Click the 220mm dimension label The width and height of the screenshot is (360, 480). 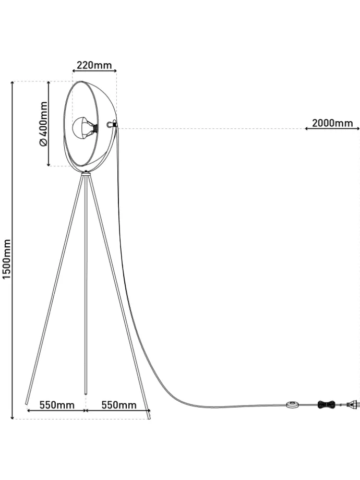(94, 65)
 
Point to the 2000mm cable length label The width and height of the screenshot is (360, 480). (332, 123)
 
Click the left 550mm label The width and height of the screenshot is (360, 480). (56, 405)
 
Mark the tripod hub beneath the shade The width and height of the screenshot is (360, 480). (86, 173)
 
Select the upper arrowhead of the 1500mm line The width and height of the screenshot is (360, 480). (12, 83)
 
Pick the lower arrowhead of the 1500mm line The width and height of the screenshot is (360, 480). (12, 417)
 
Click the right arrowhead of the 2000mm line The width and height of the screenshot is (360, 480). (358, 128)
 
